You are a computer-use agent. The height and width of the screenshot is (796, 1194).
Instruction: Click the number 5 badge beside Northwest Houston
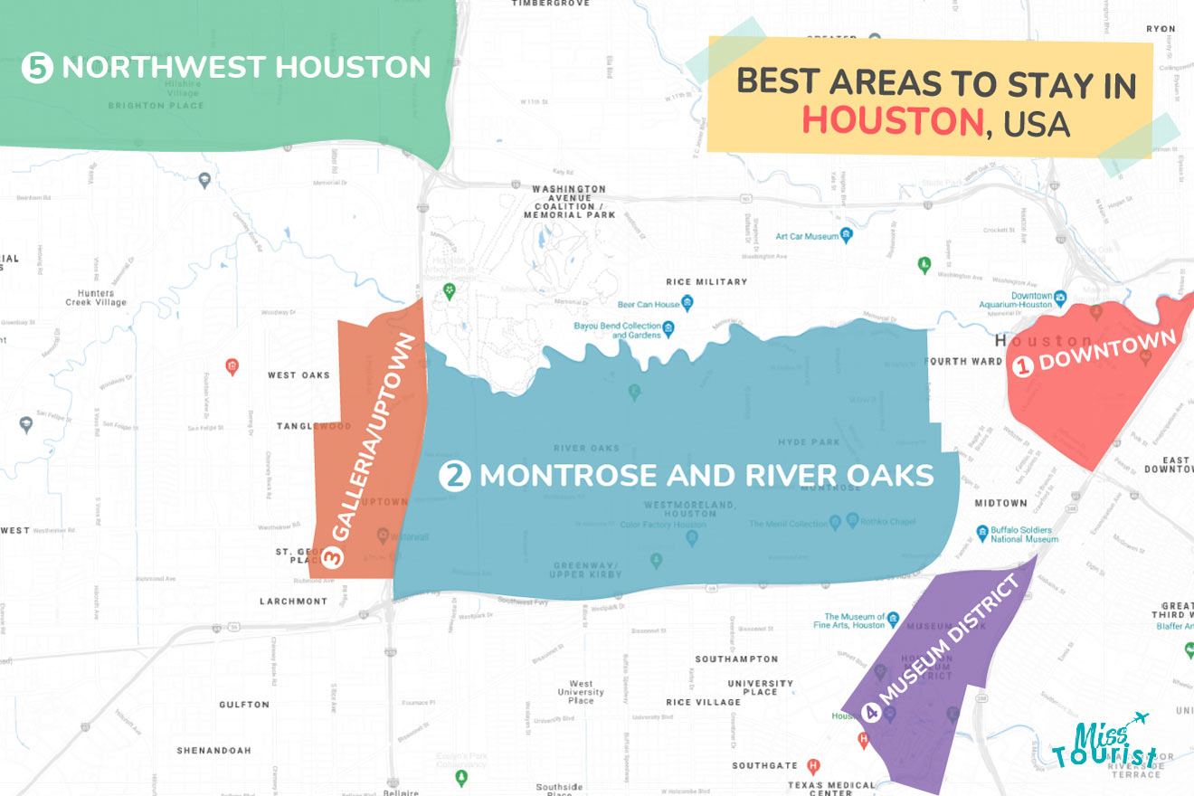point(37,68)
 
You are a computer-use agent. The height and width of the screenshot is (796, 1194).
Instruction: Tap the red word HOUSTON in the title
point(892,121)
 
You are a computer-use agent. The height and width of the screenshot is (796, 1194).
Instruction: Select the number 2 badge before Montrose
point(454,476)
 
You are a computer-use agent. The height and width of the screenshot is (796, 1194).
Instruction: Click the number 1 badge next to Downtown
point(1022,366)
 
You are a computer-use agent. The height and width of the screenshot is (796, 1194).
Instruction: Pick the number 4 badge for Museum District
point(872,713)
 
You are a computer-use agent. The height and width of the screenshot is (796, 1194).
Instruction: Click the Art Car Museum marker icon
point(847,236)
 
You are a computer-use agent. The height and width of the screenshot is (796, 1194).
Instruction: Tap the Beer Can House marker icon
point(687,303)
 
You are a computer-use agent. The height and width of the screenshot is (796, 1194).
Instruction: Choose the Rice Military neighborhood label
point(706,282)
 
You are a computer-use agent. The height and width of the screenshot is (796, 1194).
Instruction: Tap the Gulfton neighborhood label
point(244,705)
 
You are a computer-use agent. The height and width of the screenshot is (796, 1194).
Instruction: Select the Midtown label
point(1000,503)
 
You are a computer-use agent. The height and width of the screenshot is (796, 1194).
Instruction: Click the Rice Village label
point(703,702)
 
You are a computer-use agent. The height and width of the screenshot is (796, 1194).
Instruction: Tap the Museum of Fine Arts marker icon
point(893,621)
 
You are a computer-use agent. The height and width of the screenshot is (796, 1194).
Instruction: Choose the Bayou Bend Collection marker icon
point(668,327)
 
